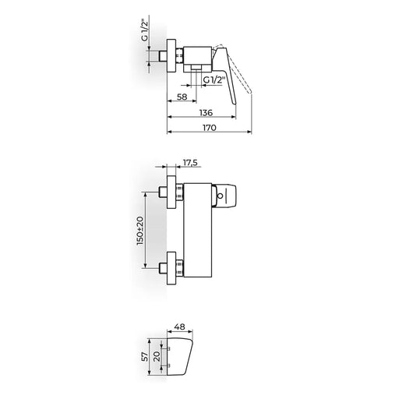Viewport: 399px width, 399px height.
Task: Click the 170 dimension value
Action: (x=210, y=128)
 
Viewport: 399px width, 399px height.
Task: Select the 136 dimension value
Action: (x=206, y=113)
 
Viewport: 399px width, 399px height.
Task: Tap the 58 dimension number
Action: (x=182, y=97)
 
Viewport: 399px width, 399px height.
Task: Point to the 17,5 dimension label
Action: (x=190, y=163)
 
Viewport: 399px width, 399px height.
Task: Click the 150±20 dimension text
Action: (x=140, y=231)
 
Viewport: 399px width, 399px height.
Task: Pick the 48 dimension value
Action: (x=180, y=327)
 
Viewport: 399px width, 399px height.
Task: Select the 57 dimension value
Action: (x=146, y=357)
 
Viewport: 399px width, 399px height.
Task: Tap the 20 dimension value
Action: (x=157, y=357)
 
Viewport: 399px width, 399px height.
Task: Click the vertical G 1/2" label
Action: (x=145, y=31)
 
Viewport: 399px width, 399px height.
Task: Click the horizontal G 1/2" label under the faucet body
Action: (x=214, y=79)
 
